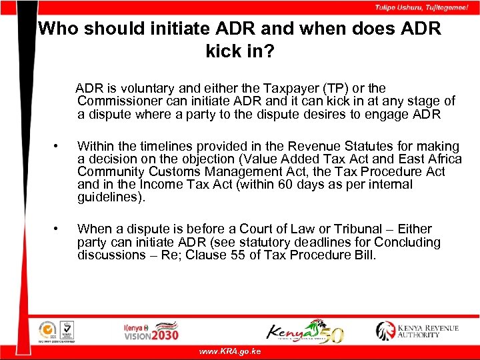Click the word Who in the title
tap(56, 29)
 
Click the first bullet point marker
tap(59, 146)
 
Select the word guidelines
tap(109, 197)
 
